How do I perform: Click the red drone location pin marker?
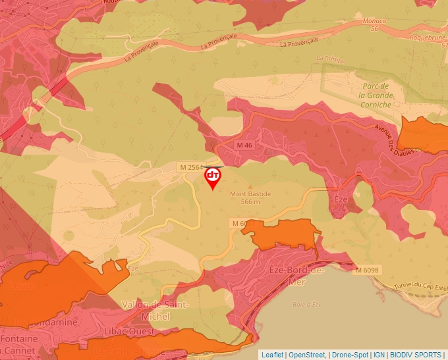(213, 177)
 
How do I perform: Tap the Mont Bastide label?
(250, 194)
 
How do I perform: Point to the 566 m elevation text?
(250, 202)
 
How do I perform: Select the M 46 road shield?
(244, 145)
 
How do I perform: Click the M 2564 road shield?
(192, 168)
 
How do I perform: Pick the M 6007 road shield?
(242, 224)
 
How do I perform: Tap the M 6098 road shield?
(367, 270)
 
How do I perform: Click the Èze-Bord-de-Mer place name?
(297, 275)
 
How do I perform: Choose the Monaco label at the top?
(374, 21)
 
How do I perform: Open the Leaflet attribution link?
(272, 355)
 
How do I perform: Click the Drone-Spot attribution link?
(349, 355)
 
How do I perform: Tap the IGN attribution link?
(379, 355)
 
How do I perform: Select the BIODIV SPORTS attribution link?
(415, 355)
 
